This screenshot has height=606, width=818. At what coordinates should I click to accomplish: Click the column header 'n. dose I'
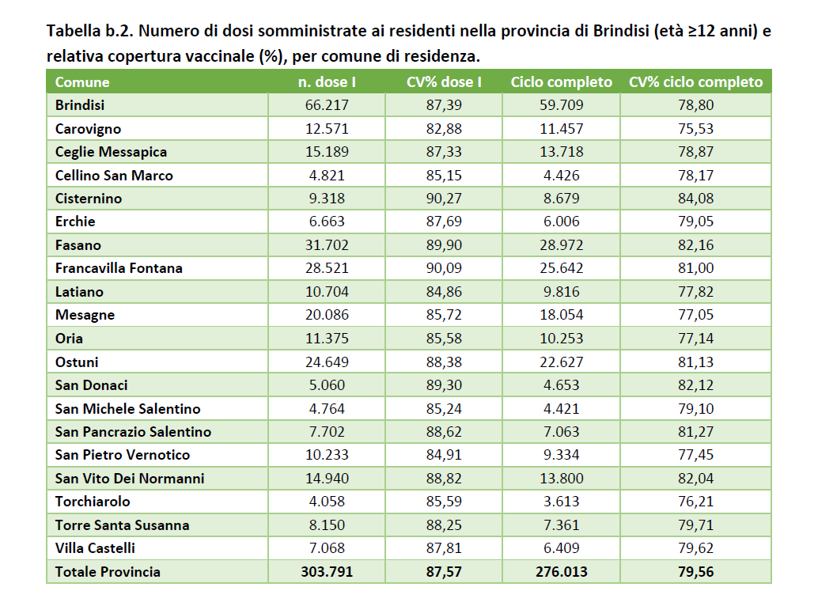327,81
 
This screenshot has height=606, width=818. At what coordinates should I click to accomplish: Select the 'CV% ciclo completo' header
695,81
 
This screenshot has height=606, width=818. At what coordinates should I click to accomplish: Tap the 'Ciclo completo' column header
562,81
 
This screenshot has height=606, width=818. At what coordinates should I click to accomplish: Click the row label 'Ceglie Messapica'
111,152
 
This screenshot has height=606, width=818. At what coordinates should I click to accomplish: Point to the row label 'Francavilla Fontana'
119,268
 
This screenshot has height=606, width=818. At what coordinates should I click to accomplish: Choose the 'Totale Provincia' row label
108,571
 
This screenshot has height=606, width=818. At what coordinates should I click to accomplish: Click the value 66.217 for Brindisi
327,105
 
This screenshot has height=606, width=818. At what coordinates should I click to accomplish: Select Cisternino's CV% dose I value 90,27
444,198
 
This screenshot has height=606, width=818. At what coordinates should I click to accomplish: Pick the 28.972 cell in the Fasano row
562,244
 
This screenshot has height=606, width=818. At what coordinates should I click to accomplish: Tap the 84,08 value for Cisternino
695,198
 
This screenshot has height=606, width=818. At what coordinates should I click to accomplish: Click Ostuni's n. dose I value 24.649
327,362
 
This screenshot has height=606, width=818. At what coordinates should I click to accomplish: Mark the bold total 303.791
327,571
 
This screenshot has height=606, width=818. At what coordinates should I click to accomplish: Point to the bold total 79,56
695,571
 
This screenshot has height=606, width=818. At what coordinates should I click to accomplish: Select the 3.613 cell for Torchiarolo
562,501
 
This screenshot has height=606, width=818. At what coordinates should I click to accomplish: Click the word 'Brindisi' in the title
620,31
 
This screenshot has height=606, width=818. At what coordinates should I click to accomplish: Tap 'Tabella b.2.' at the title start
90,31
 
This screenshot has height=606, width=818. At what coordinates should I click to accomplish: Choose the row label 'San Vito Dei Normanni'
130,478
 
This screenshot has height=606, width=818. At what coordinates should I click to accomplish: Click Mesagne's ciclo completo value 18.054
562,315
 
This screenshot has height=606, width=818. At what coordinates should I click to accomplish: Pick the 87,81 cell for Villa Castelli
444,548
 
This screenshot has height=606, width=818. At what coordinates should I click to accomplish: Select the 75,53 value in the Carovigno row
695,128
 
